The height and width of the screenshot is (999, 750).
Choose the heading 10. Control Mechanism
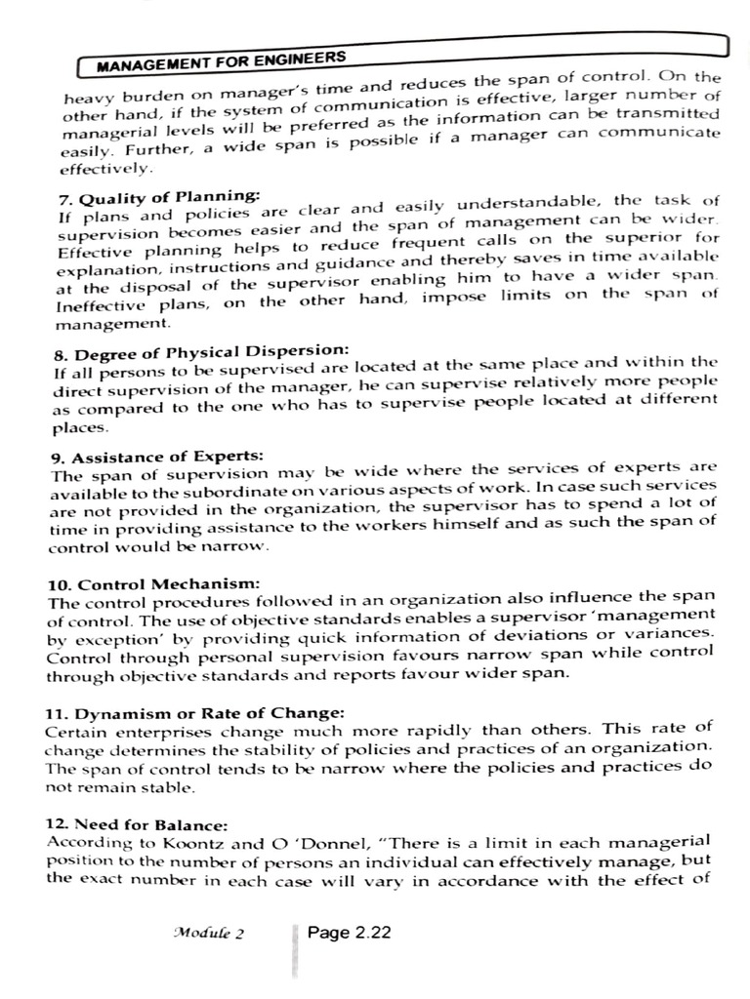pyautogui.click(x=153, y=584)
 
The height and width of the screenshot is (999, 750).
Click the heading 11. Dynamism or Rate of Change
pyautogui.click(x=195, y=712)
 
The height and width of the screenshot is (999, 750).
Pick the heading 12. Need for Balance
pyautogui.click(x=137, y=824)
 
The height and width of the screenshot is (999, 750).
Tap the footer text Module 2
pyautogui.click(x=208, y=933)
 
